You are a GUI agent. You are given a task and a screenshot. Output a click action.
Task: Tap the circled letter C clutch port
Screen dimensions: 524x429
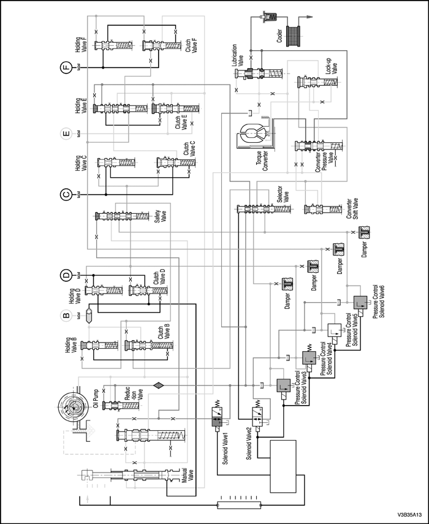click(66, 195)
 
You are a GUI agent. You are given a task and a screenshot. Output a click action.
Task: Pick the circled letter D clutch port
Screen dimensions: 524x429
click(66, 274)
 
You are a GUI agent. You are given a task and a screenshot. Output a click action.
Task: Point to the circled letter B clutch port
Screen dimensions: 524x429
click(66, 316)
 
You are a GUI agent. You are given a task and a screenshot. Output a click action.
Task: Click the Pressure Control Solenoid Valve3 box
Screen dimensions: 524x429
click(284, 387)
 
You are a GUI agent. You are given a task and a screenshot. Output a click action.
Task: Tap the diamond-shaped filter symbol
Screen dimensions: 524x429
click(158, 385)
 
